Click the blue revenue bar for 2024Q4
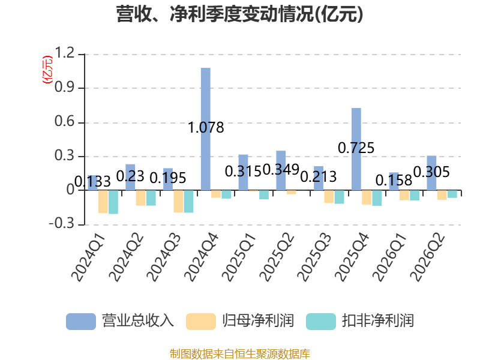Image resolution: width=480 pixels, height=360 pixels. click(x=205, y=129)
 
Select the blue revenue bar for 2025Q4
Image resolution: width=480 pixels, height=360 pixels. click(x=356, y=149)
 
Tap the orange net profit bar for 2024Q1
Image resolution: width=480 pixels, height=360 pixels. click(x=103, y=202)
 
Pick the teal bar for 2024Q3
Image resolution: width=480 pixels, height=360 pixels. click(x=188, y=201)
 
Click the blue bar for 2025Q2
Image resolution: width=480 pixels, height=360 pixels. click(x=281, y=170)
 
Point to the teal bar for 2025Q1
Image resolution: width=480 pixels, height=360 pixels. click(x=264, y=194)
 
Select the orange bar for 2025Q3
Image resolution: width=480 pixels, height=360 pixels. click(x=329, y=197)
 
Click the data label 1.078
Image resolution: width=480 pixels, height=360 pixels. click(x=206, y=127)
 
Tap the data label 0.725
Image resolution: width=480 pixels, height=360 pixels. click(x=356, y=148)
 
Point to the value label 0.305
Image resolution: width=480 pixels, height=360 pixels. click(x=431, y=172)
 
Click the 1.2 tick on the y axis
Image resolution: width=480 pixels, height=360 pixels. click(x=65, y=53)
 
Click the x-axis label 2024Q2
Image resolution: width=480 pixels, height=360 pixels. click(x=127, y=257)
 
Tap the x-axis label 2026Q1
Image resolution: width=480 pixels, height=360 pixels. click(x=389, y=257)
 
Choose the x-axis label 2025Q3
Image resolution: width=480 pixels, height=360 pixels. click(x=314, y=257)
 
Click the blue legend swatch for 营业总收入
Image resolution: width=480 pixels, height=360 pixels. click(x=81, y=322)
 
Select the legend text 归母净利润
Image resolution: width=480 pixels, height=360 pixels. click(x=258, y=321)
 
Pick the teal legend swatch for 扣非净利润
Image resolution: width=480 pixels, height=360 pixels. click(x=321, y=322)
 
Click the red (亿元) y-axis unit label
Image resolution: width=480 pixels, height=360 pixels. click(x=47, y=70)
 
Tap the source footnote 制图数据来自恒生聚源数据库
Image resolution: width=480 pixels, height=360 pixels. click(x=240, y=354)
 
